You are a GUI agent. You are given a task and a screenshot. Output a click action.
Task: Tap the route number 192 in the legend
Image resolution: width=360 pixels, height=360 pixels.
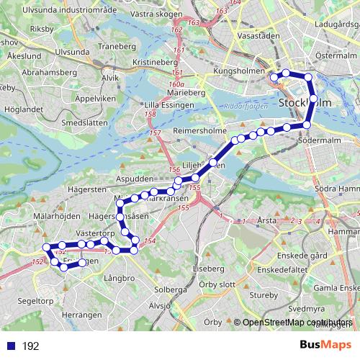tap(30, 346)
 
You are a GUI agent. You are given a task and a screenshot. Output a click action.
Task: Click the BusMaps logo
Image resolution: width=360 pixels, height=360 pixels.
tap(325, 346)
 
